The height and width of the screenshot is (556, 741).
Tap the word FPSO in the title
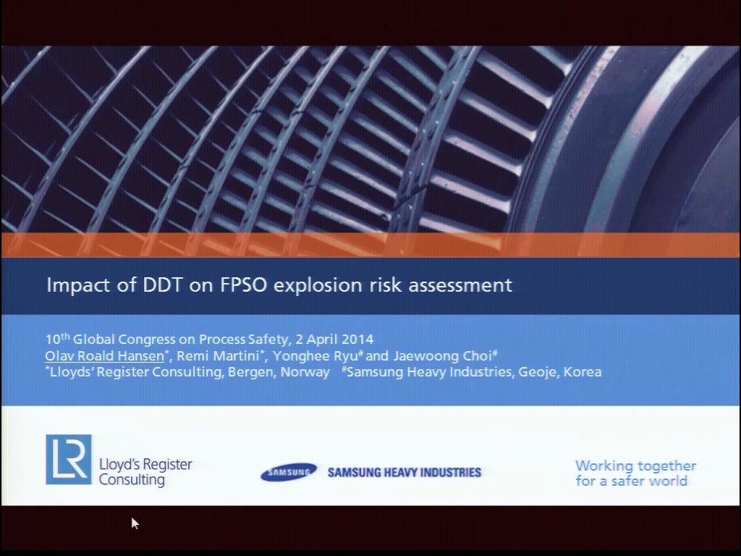pos(243,285)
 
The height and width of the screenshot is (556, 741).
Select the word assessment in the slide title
pos(460,285)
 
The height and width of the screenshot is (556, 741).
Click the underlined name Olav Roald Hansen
pos(104,355)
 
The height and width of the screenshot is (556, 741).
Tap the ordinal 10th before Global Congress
pos(57,339)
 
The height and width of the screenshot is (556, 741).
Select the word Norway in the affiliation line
pos(305,372)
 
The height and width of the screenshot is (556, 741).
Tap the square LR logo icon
pos(69,460)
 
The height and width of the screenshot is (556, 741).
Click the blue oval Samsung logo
pos(289,472)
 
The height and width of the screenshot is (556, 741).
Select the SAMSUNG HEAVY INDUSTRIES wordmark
pos(405,472)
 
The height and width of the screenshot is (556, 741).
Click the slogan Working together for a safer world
pos(635,473)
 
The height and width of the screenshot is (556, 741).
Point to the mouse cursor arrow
pos(135,523)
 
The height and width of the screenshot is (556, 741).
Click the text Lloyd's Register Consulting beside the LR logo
pos(145,472)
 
